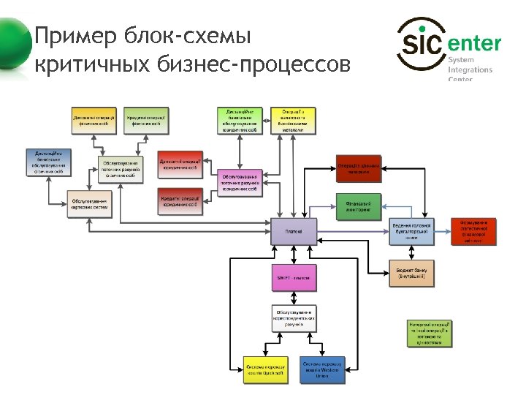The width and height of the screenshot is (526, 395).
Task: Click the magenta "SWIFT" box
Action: pos(294,278)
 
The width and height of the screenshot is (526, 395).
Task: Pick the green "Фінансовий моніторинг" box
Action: pos(359,206)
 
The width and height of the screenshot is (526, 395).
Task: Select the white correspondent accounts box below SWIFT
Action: pos(294,318)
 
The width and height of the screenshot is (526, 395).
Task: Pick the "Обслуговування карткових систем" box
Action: pos(89,204)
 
